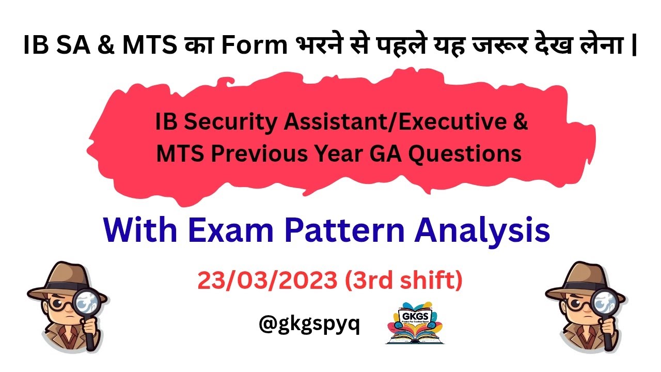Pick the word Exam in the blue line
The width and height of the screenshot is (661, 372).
tap(233, 230)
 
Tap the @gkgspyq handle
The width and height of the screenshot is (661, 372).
tap(309, 324)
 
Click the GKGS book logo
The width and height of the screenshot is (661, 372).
tap(415, 322)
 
